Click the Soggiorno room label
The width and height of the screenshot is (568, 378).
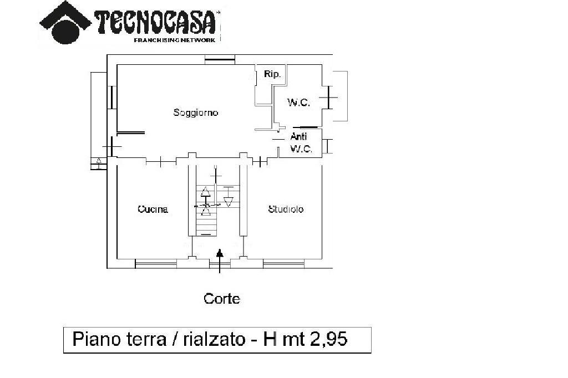(x=196, y=113)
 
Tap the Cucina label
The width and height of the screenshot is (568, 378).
(x=153, y=210)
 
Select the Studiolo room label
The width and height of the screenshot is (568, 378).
(x=286, y=210)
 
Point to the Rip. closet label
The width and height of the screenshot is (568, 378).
(x=272, y=74)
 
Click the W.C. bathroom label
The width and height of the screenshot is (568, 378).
(x=298, y=103)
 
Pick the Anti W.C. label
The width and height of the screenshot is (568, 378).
(x=300, y=143)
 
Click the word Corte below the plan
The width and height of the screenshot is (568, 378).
(x=222, y=299)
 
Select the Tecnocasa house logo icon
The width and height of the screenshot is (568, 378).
(x=65, y=22)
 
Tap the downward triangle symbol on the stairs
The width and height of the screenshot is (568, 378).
(x=227, y=201)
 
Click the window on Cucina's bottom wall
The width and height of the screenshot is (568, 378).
(x=156, y=263)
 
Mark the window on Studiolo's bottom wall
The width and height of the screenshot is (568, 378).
(x=283, y=263)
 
